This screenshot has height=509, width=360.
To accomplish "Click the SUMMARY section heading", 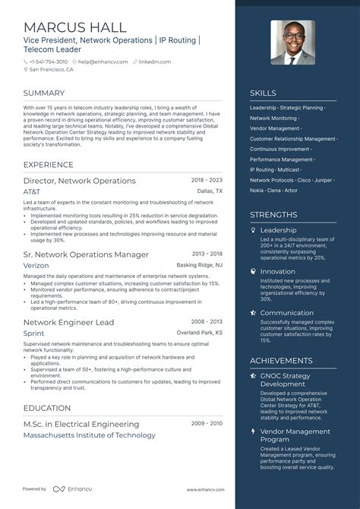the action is [44, 93].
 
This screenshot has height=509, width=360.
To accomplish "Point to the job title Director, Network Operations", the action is [80, 181].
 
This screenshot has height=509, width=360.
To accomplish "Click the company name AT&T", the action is [33, 192].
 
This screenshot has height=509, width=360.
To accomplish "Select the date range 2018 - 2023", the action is [207, 181].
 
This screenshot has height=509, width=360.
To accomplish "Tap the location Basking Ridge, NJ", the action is [200, 265].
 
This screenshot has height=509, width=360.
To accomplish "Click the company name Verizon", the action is [36, 265].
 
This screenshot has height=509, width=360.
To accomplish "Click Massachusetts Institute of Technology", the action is [90, 435].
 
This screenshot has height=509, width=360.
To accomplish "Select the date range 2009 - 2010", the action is [207, 424].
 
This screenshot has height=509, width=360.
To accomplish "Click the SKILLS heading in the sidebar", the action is [264, 93].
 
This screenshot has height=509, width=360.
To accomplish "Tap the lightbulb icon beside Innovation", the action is [254, 271].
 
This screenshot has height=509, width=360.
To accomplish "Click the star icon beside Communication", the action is [254, 312].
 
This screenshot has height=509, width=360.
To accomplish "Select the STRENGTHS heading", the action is [274, 215].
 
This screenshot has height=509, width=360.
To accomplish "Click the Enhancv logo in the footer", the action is [61, 490].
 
